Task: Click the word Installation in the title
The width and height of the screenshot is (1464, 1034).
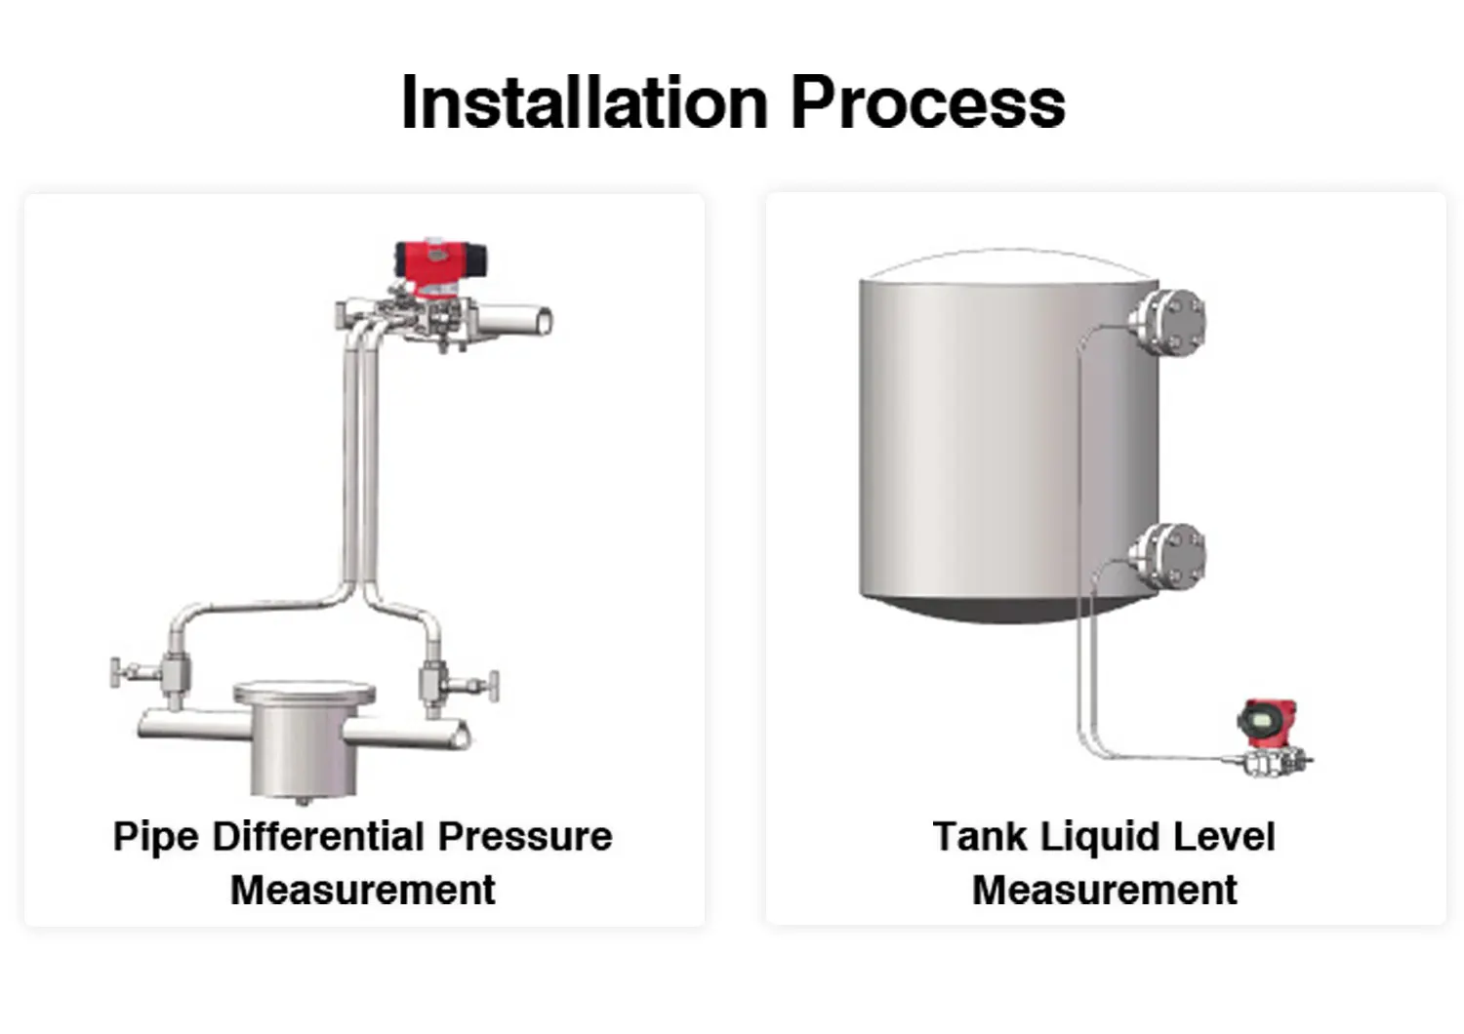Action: [x=585, y=102]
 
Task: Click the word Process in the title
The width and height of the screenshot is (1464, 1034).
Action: [x=929, y=102]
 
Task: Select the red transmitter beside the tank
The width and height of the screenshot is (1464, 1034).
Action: [x=1267, y=723]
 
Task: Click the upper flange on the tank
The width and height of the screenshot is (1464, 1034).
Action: [x=1168, y=323]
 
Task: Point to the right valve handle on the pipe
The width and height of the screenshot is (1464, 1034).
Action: [x=494, y=687]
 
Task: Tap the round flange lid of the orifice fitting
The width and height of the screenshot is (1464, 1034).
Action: [x=305, y=694]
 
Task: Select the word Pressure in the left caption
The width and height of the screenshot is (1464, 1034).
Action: [x=525, y=836]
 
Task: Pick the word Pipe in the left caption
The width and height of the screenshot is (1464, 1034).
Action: [x=156, y=837]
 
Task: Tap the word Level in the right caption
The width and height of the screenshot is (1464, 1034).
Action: [x=1224, y=836]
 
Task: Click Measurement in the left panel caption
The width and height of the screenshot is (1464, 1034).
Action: [x=363, y=890]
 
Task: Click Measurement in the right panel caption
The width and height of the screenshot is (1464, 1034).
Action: [x=1105, y=890]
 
